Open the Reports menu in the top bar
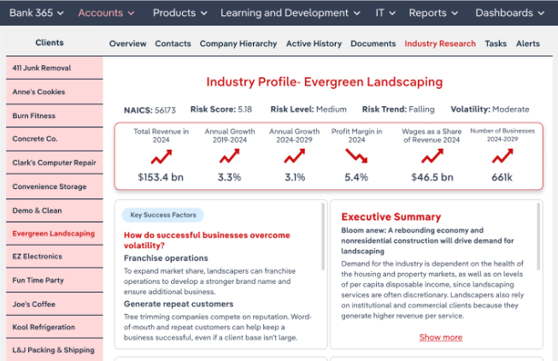point(433,13)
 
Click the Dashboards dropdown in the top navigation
point(509,13)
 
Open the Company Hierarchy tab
point(238,44)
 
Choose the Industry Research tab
point(439,44)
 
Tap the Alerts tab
point(527,44)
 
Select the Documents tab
point(373,44)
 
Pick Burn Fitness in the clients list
point(34,115)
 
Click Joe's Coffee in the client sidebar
point(34,304)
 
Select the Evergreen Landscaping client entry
point(53,233)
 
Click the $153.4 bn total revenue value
point(161,177)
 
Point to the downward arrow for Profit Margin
point(356,157)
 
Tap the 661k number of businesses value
point(502,177)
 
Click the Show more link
point(440,337)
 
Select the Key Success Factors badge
point(162,216)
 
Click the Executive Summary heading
point(391,216)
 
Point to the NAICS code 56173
point(165,109)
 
